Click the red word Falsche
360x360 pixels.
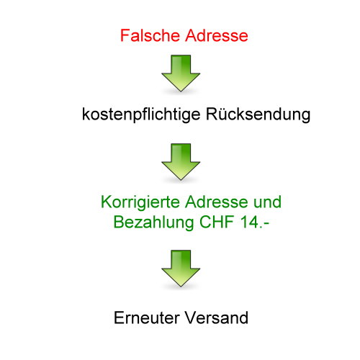click(x=150, y=35)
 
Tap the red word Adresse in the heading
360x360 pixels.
click(x=217, y=35)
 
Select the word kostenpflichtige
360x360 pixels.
click(x=141, y=114)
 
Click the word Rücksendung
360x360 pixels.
click(x=258, y=114)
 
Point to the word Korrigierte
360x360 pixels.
click(x=140, y=202)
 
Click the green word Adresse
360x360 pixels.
click(x=217, y=202)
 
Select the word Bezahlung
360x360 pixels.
click(x=153, y=222)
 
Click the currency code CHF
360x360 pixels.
click(x=217, y=222)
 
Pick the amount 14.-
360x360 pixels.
click(x=255, y=222)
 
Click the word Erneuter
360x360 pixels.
click(x=147, y=318)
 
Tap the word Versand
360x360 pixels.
click(x=217, y=318)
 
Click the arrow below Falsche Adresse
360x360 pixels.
click(x=181, y=73)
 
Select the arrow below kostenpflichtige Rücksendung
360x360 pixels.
click(x=181, y=162)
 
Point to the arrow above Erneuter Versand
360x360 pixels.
click(x=181, y=269)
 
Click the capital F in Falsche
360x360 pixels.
click(x=125, y=35)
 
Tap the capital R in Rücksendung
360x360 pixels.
click(x=212, y=114)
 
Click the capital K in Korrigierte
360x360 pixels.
click(x=107, y=202)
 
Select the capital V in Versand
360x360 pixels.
click(x=191, y=318)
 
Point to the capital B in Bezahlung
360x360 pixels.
click(x=119, y=222)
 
